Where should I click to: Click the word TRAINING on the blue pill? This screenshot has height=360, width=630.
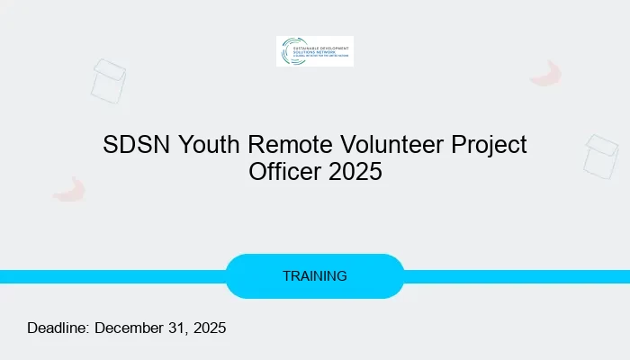(315, 276)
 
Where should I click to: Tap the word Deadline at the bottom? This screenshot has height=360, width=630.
(58, 328)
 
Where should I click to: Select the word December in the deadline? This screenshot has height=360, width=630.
(132, 328)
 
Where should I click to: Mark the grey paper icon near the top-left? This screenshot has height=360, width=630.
(109, 80)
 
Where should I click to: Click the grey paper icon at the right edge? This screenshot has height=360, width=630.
(600, 156)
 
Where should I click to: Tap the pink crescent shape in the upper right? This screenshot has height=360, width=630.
(546, 74)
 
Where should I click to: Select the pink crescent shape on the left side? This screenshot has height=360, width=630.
(69, 189)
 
